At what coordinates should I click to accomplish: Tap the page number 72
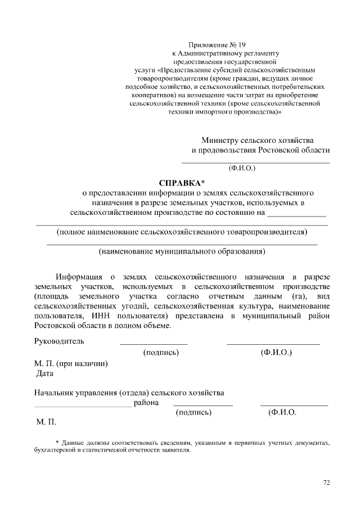[327, 482]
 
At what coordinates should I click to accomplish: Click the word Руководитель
[59, 341]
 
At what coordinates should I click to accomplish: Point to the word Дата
[45, 373]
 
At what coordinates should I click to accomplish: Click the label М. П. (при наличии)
[71, 363]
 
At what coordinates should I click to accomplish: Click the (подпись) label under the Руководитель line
[161, 352]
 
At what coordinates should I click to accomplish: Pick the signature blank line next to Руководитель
[154, 343]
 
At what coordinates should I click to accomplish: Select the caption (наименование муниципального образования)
[182, 251]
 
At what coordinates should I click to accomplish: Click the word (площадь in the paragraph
[51, 296]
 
